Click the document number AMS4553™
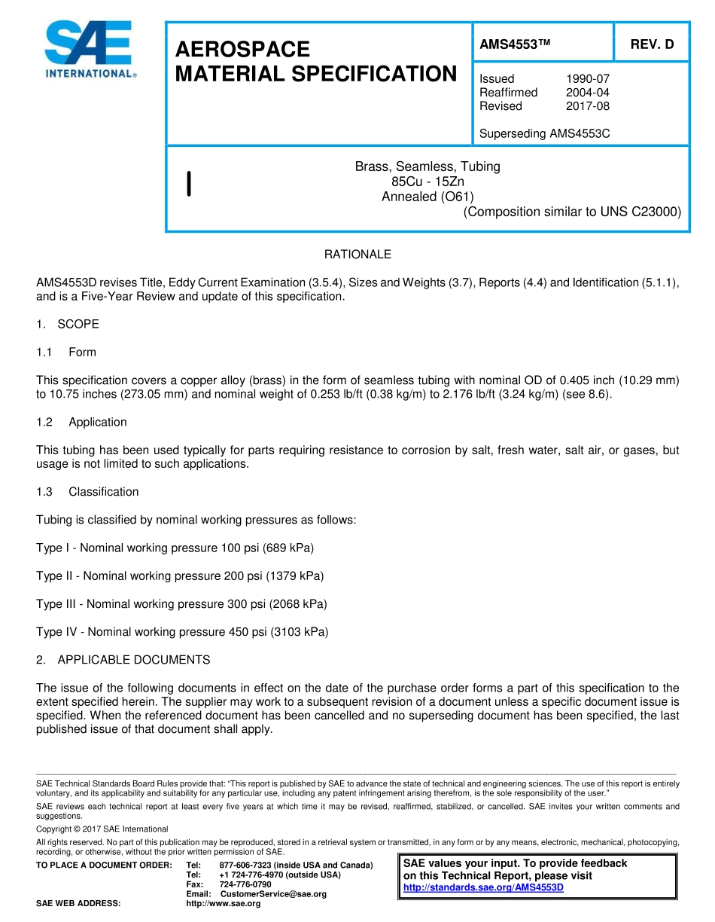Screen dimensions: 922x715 coord(516,44)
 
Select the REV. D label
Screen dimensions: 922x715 coord(652,44)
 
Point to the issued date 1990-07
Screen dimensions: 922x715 coord(587,78)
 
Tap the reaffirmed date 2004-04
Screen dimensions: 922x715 coord(587,92)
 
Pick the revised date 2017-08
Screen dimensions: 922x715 coord(587,106)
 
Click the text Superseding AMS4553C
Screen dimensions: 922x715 coord(544,134)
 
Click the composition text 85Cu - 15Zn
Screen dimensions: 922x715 coord(427,182)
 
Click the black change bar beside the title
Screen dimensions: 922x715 coord(188,183)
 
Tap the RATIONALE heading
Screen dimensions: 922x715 coord(357,255)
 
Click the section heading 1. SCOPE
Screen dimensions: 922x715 coord(68,324)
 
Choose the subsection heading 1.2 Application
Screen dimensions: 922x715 coord(82,422)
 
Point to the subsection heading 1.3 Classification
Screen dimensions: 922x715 coord(87,492)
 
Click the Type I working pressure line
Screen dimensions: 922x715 coord(175,548)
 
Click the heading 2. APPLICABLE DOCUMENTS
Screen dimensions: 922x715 coord(123,660)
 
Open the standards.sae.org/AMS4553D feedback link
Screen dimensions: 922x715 coord(483,887)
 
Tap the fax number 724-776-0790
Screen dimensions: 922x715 coord(245,884)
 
